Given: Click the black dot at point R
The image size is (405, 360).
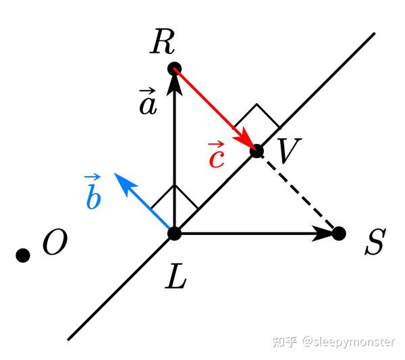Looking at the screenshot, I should (174, 68).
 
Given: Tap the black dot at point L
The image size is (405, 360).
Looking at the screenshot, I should (174, 234).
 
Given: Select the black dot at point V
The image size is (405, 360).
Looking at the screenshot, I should (256, 151).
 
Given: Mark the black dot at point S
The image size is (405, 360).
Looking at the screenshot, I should (339, 234).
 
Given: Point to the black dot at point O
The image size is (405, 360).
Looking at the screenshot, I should (23, 255).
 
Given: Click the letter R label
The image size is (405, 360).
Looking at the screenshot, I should (163, 42).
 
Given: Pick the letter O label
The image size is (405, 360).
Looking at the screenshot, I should (55, 243).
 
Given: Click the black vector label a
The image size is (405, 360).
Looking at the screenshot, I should (148, 102).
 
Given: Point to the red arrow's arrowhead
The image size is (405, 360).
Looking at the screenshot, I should (248, 143).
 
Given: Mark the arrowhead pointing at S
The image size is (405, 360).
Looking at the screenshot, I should (327, 234).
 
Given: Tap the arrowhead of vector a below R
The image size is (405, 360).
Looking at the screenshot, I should (174, 80).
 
